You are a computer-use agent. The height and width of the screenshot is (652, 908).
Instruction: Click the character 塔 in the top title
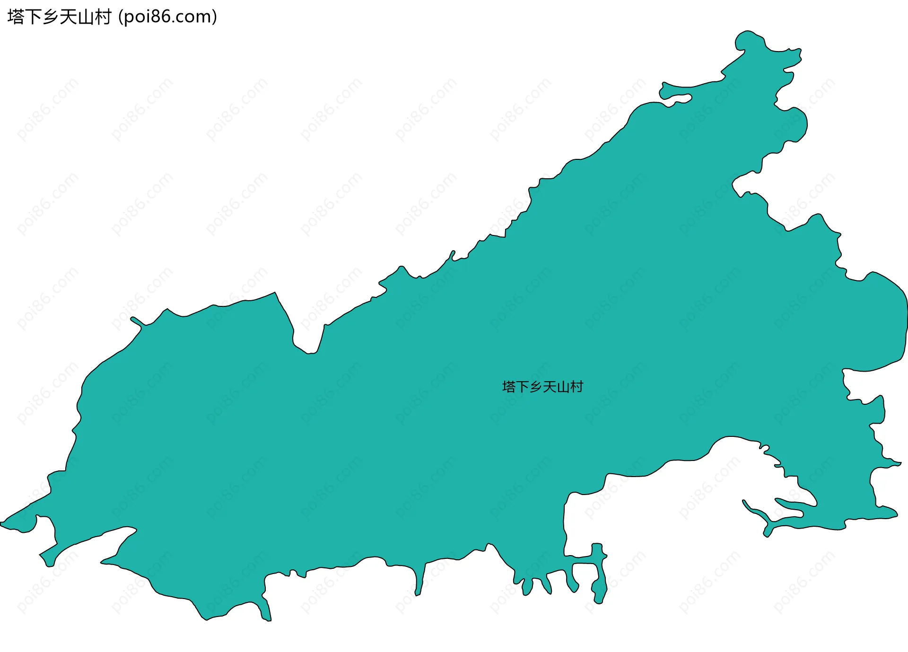[16, 17]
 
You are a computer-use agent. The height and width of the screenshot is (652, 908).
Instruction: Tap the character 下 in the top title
[34, 17]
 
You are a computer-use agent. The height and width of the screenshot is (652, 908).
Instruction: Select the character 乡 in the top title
[51, 17]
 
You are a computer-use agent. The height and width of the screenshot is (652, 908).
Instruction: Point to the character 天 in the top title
[68, 17]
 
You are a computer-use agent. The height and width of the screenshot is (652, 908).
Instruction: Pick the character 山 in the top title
[86, 17]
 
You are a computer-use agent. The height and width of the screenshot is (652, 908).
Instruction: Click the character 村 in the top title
[103, 17]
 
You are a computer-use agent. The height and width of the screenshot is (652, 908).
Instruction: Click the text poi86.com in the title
[168, 17]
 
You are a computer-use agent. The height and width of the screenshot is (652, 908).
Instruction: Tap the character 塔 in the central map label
[509, 387]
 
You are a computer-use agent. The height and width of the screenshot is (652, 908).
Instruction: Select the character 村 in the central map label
[576, 387]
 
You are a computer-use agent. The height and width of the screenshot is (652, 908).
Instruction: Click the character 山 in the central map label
[563, 387]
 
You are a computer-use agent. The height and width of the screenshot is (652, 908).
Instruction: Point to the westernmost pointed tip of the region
[2, 523]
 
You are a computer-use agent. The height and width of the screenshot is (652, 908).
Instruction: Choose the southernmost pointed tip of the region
[268, 618]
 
